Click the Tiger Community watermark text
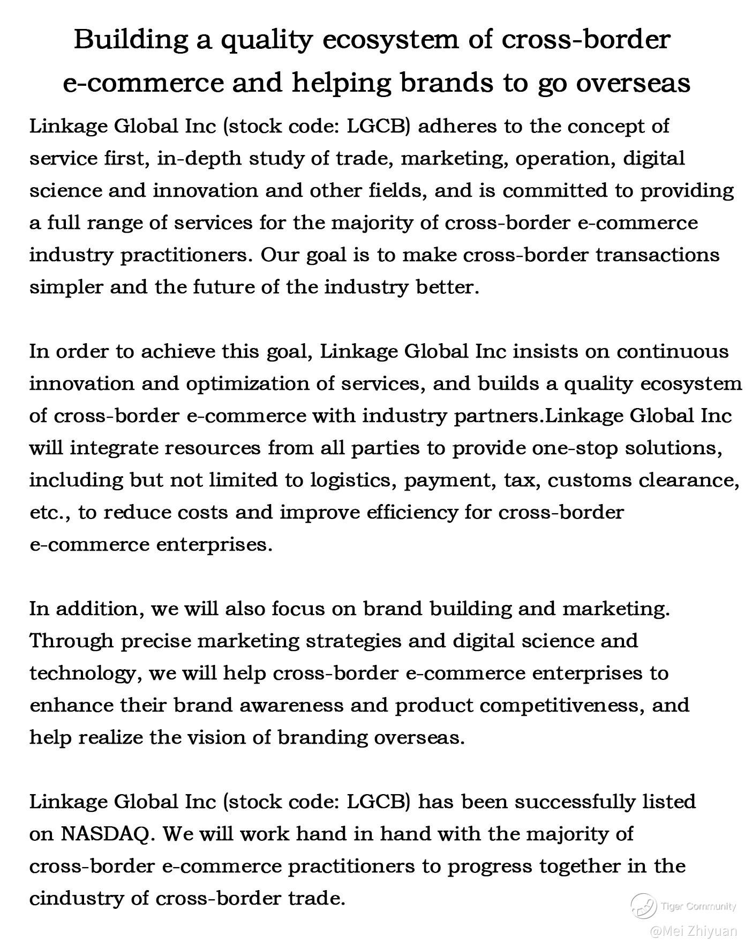pyautogui.click(x=698, y=906)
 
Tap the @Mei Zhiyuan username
pyautogui.click(x=694, y=931)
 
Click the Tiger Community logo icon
pyautogui.click(x=643, y=906)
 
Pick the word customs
pyautogui.click(x=589, y=480)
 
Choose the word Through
pyautogui.click(x=72, y=641)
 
